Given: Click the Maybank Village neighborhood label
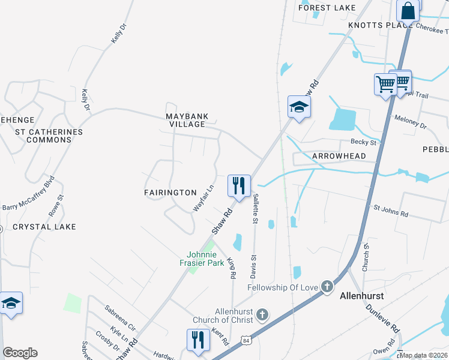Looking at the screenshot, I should [x=186, y=119].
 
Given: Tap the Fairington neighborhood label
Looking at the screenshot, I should [x=170, y=193].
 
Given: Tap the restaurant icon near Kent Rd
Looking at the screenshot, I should [x=197, y=339].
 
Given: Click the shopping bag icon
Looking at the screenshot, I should [x=408, y=11].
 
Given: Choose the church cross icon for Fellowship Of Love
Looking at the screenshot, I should [x=327, y=286].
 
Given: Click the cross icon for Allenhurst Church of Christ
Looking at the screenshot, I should [x=262, y=314].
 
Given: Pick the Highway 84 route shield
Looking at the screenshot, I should [x=247, y=340].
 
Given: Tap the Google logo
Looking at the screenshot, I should [x=20, y=353].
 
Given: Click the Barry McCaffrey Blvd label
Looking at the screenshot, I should [x=29, y=192].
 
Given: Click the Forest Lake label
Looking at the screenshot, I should [x=327, y=8].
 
